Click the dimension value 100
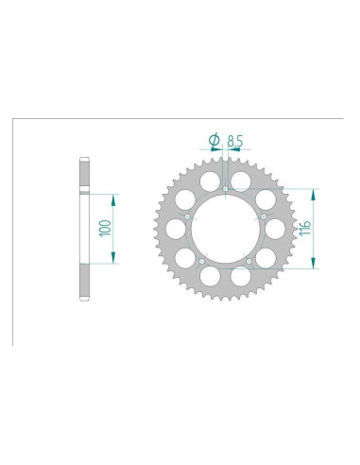coord(105,229)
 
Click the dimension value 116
coord(305,229)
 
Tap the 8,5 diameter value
coord(235,142)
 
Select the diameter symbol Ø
coord(214,141)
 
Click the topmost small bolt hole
coord(226,189)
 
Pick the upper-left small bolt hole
coord(187,216)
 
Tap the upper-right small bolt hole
coord(264,216)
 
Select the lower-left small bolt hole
coord(202,261)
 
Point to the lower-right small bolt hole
coord(249,261)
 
